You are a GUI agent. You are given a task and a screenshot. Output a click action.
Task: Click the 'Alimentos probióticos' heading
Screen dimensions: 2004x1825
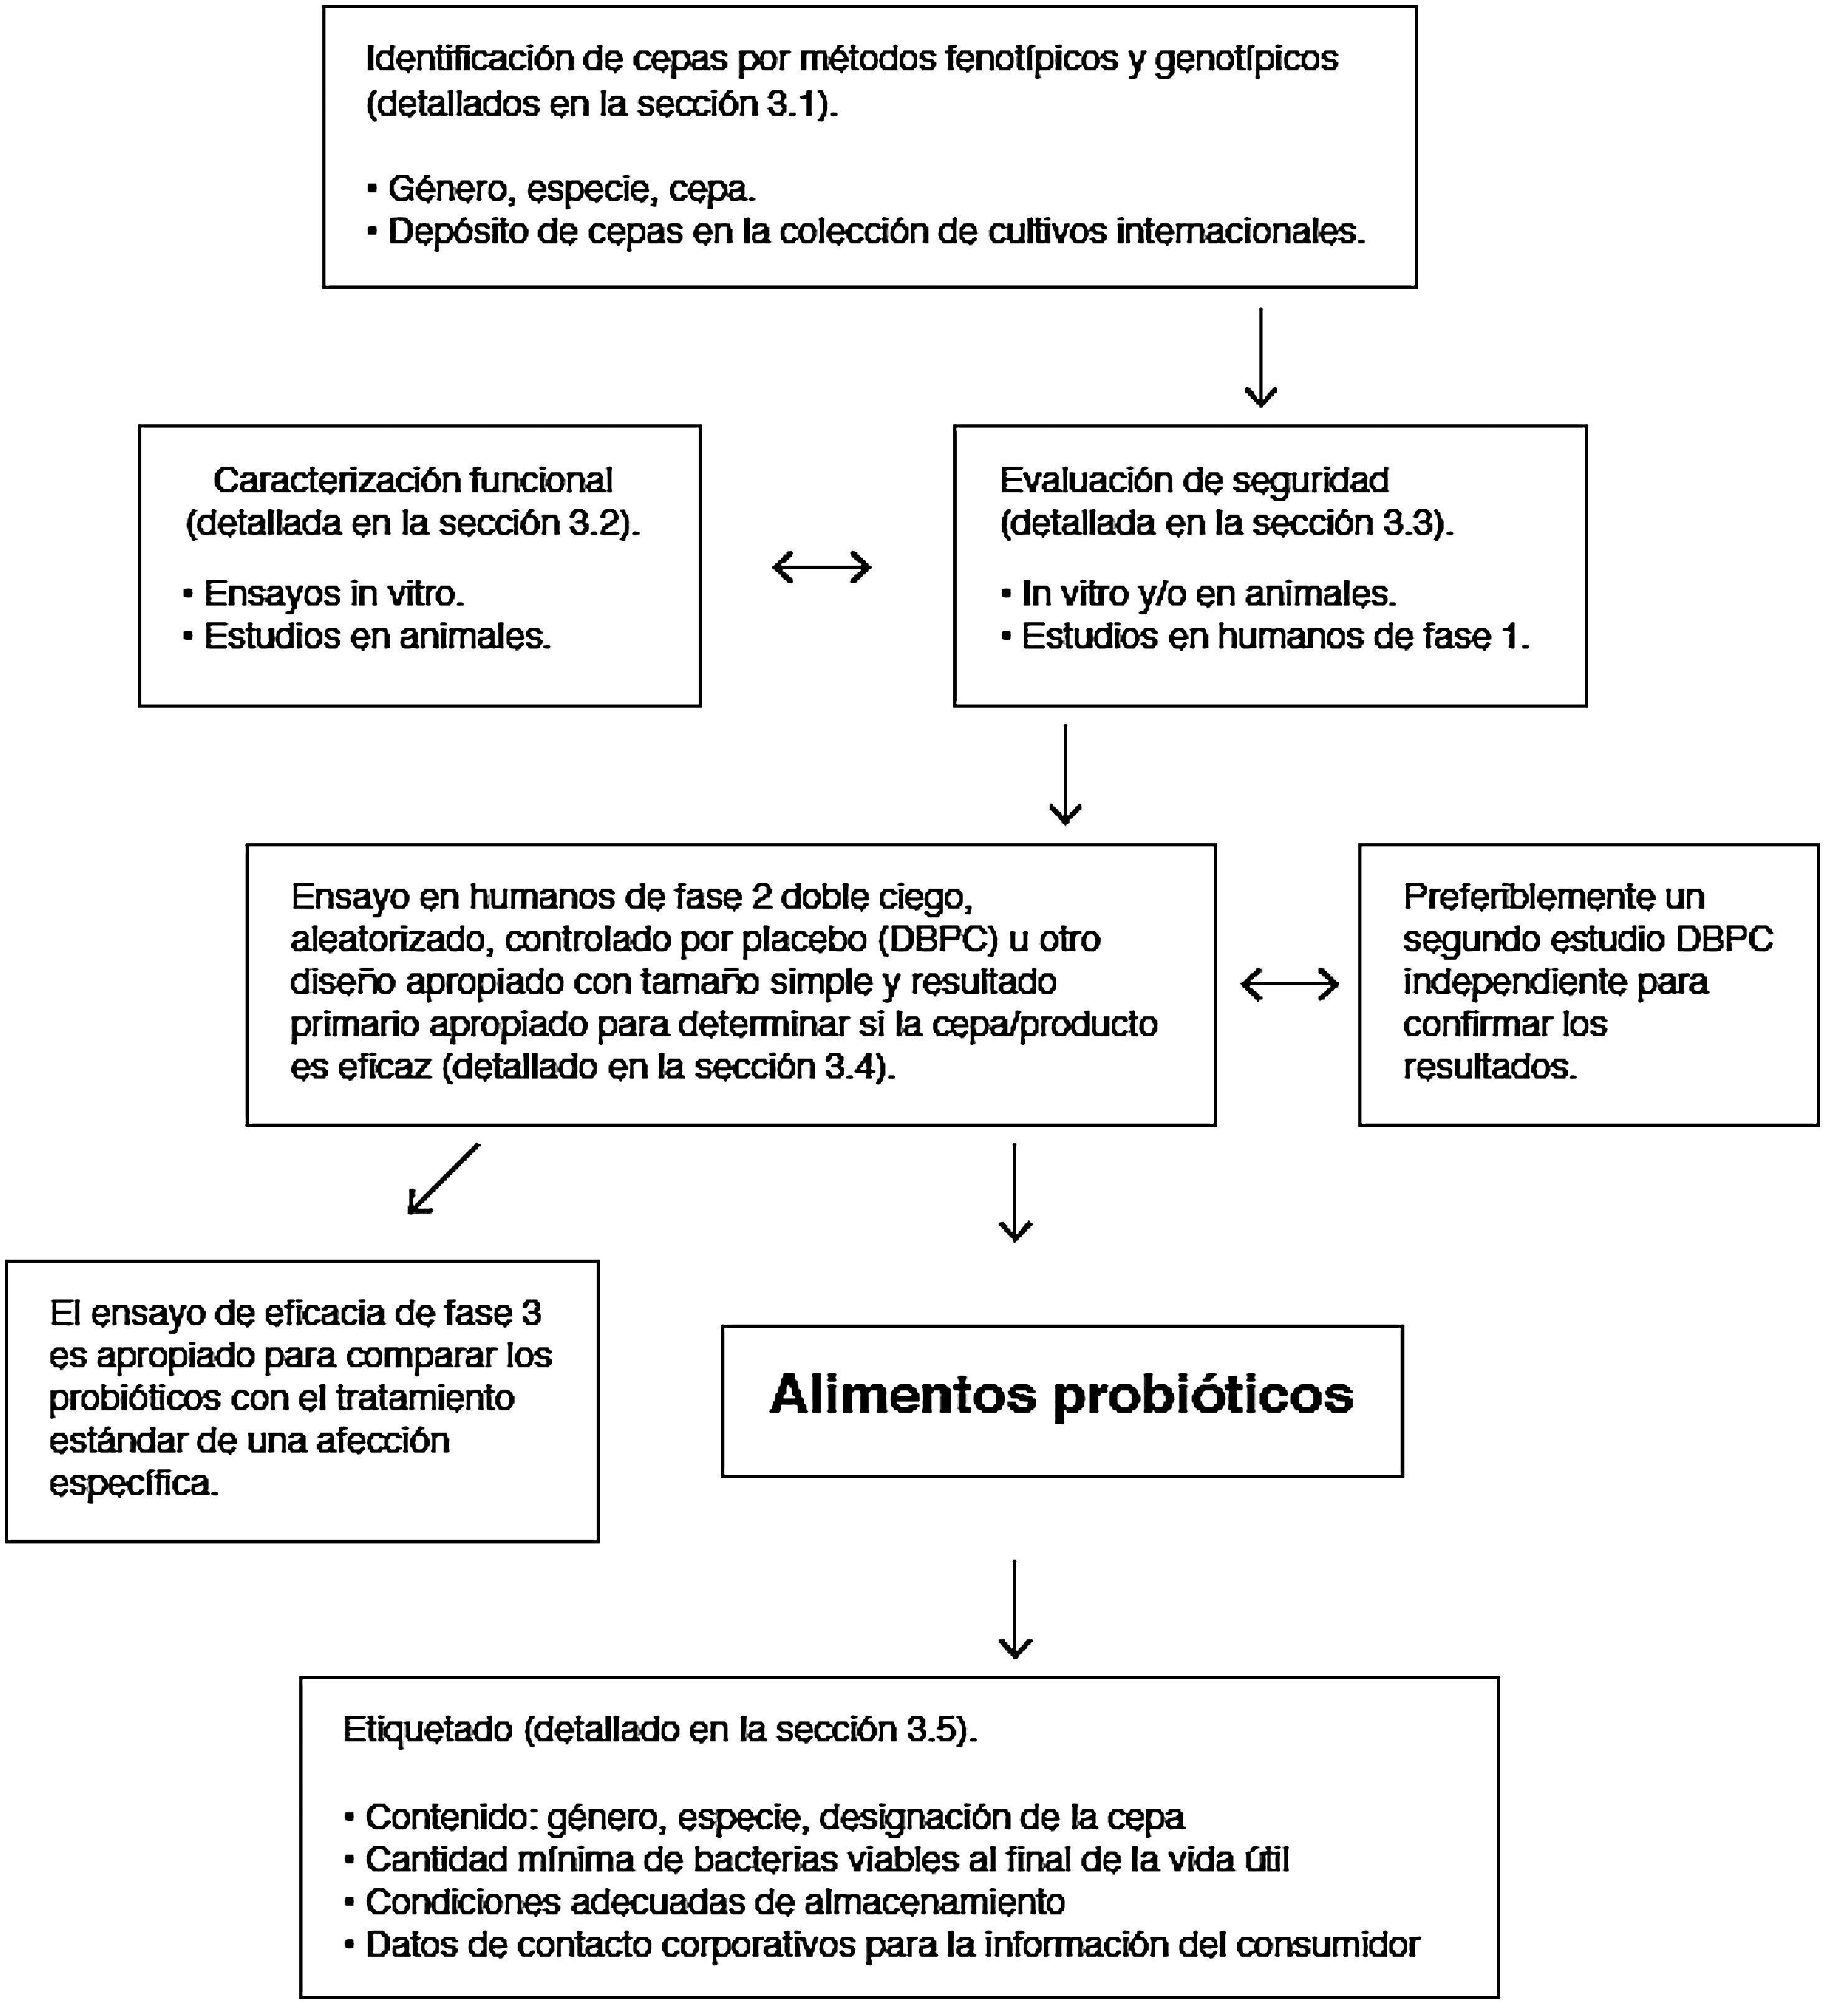pos(1061,1395)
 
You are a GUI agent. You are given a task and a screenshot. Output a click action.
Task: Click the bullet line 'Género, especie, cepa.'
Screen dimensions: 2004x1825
pos(572,188)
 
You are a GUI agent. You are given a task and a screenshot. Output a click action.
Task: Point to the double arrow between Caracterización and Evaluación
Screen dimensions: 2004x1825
pos(821,568)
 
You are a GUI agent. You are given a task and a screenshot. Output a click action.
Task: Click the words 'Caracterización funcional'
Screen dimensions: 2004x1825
pos(413,480)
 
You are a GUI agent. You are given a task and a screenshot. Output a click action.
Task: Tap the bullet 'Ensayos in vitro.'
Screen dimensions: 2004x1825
pos(333,594)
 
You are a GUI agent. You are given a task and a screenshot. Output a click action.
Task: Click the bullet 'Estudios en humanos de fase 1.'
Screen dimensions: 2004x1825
pos(1274,636)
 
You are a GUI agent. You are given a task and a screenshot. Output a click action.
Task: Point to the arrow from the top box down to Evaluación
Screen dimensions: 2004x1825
pos(1261,358)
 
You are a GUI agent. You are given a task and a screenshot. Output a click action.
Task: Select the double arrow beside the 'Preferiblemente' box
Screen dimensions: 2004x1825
pos(1289,985)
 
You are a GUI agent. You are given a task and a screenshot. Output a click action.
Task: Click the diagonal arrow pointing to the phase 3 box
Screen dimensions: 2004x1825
pos(443,1179)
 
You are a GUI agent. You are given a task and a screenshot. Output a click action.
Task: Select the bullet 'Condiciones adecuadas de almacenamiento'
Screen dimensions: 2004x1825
pos(715,1901)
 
